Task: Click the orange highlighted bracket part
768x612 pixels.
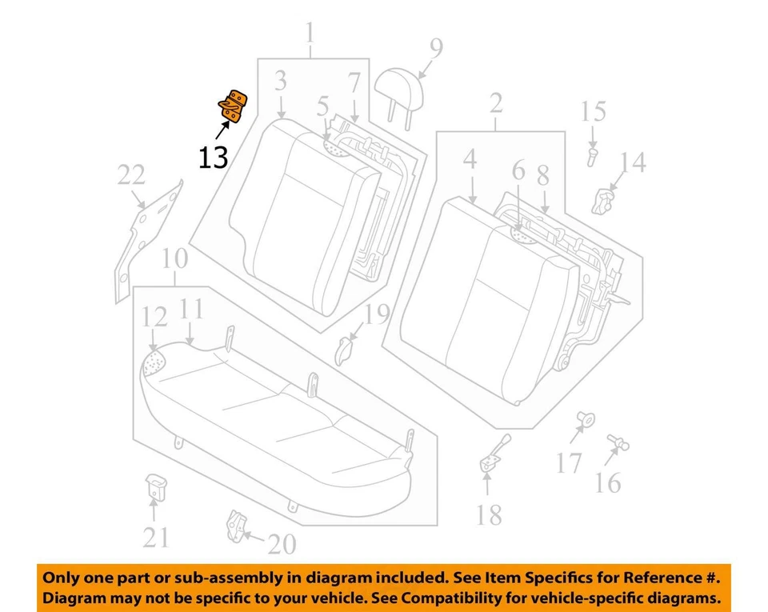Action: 233,107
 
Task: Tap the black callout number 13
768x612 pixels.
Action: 214,157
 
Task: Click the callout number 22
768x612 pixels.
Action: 131,175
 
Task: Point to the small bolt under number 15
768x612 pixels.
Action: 592,156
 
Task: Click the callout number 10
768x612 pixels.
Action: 174,258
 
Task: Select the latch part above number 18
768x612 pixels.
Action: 492,454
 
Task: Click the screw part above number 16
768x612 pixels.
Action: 618,442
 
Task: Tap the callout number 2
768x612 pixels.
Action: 495,103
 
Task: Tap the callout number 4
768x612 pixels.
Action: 469,158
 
